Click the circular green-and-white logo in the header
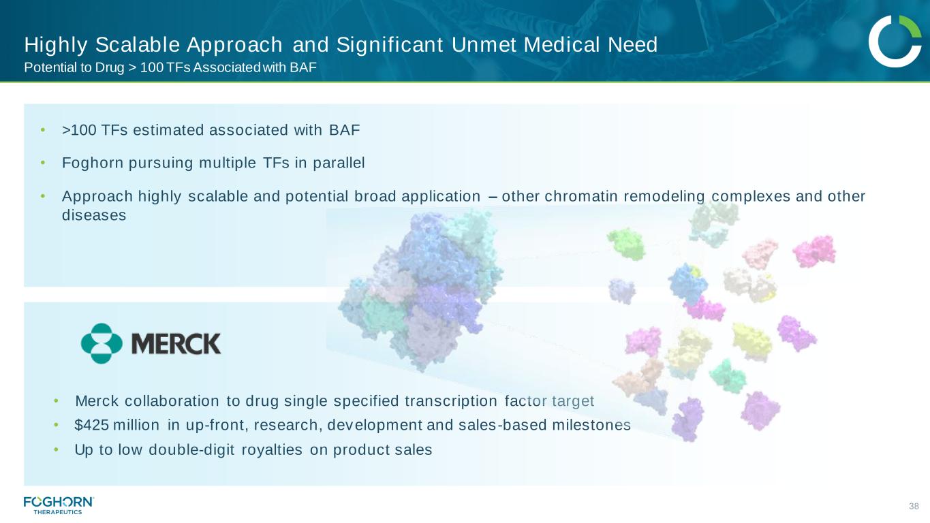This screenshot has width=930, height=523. pos(895,41)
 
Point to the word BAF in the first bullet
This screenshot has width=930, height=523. pos(345,130)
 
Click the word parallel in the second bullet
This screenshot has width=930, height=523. pos(339,163)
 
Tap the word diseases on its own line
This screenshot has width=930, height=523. pos(94,215)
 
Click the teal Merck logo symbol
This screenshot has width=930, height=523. pos(102,343)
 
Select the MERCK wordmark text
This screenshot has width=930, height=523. pos(176,344)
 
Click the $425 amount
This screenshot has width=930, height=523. pos(92,425)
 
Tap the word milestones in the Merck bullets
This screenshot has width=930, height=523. pos(591,425)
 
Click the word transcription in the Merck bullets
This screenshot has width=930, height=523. pos(451,401)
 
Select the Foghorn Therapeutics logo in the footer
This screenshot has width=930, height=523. pos(59,505)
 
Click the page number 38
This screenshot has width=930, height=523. pos(914,506)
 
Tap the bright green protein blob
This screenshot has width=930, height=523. pos(626,244)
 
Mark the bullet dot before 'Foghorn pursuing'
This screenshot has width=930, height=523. pos(43,163)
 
